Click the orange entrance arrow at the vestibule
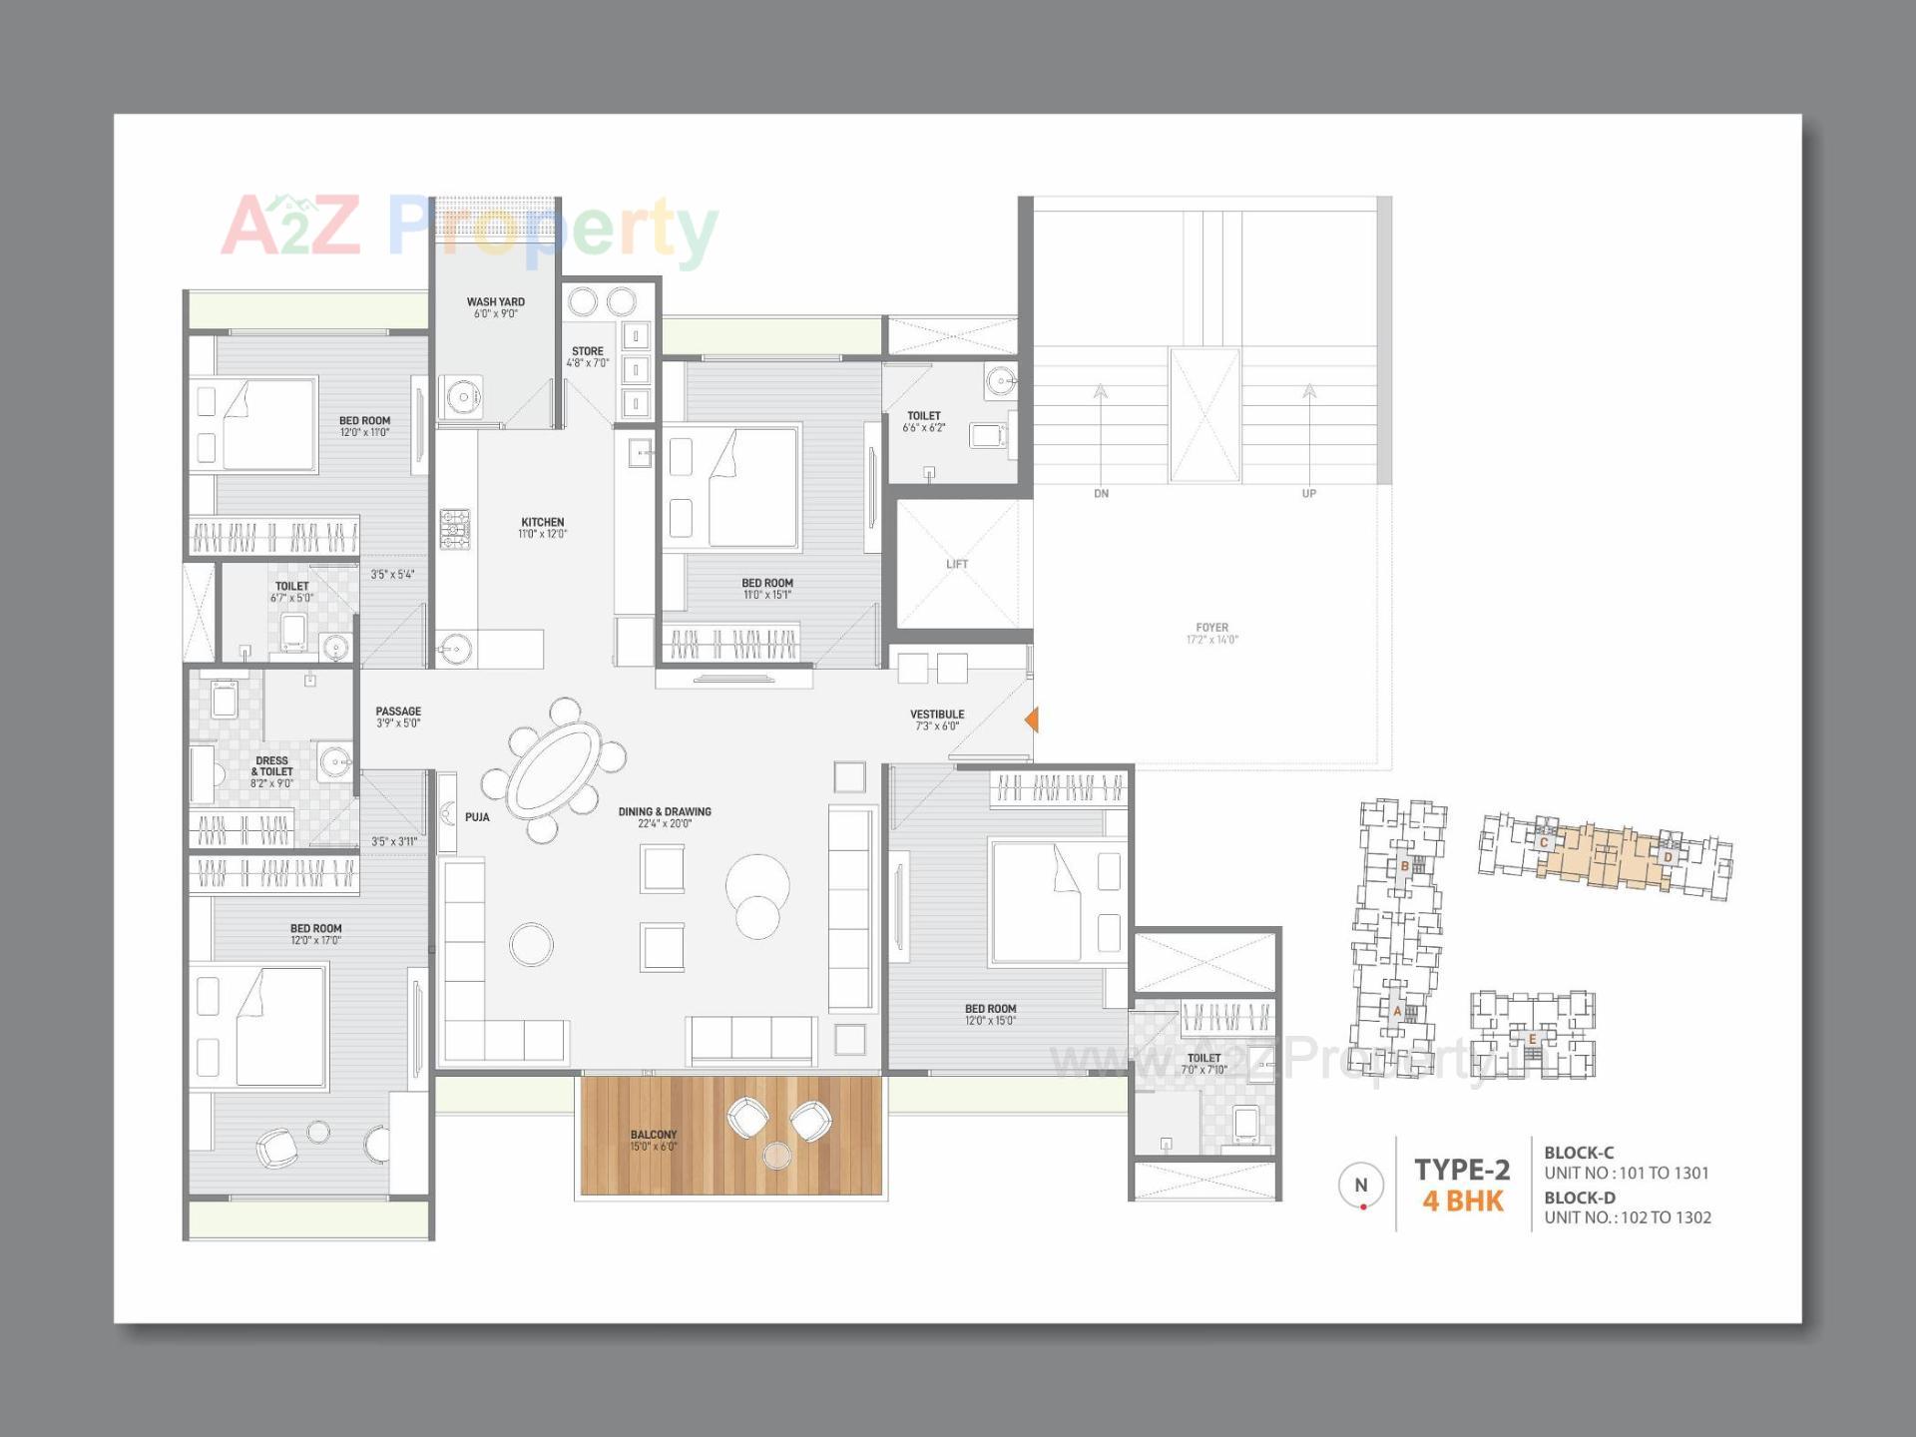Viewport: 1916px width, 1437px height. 1032,719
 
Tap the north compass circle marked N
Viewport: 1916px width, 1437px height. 1361,1186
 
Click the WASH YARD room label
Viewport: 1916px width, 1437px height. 495,307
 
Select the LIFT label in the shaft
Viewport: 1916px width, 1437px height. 957,564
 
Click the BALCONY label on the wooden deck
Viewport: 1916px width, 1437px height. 654,1140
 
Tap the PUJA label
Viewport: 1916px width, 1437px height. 477,817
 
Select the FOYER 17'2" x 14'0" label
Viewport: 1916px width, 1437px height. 1211,634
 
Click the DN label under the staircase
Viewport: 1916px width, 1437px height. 1101,494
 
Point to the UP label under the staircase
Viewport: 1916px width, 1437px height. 1308,494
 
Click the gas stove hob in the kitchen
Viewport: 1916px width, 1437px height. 455,529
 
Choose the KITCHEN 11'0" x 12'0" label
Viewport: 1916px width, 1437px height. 542,528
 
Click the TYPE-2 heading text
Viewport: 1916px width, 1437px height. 1462,1169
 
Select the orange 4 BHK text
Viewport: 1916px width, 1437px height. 1462,1200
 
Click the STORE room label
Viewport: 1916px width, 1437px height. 588,356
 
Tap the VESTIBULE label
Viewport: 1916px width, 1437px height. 937,719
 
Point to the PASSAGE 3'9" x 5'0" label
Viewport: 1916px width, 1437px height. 398,717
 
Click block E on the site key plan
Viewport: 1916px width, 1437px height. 1533,1039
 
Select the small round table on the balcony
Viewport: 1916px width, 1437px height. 776,1156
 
